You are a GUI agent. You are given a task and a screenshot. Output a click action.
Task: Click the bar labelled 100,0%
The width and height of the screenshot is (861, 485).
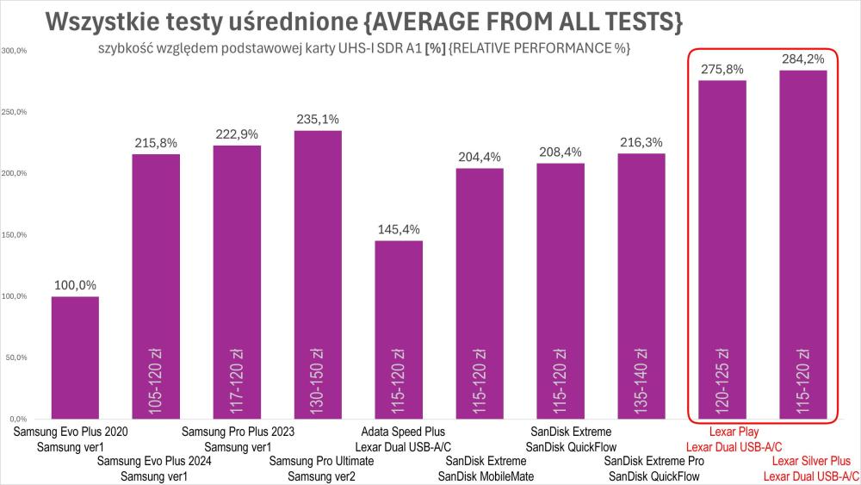coord(75,358)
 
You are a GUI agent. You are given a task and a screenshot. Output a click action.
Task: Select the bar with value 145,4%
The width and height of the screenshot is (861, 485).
coord(399,327)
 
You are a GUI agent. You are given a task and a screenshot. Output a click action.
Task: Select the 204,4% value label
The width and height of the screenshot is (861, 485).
coord(480,157)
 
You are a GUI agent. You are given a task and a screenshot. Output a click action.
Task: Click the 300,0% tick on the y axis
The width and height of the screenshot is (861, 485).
coord(15,51)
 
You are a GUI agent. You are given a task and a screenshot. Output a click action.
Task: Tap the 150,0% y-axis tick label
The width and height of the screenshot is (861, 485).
coord(15,234)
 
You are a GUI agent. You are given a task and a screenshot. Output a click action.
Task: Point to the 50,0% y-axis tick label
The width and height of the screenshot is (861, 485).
coord(16,357)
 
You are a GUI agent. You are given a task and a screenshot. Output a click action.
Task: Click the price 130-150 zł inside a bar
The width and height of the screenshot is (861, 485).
coord(318,379)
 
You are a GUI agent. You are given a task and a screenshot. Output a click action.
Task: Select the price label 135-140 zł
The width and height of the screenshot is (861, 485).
coord(641,379)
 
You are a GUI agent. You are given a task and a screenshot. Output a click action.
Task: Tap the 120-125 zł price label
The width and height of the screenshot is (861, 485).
coord(722,379)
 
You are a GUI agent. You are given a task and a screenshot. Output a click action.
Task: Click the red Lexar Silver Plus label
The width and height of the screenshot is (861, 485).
coord(811,461)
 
